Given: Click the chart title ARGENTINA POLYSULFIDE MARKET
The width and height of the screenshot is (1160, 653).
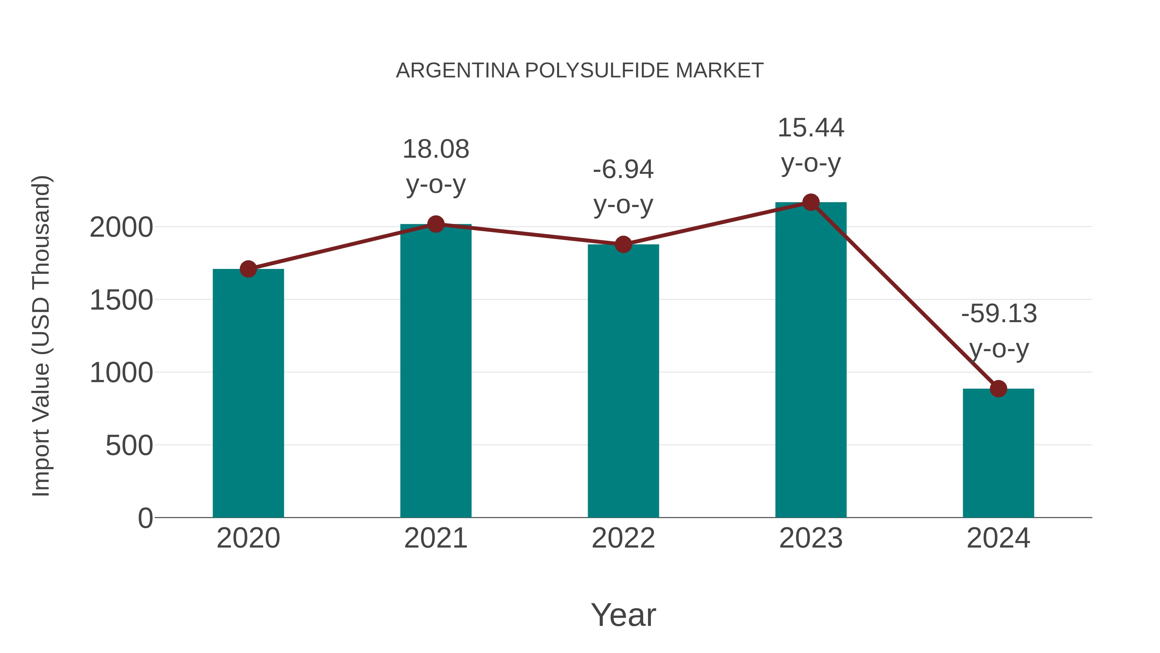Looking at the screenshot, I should tap(580, 71).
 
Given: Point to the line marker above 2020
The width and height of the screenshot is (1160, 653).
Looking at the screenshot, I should tap(248, 269).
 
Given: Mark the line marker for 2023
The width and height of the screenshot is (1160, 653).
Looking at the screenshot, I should tap(811, 202).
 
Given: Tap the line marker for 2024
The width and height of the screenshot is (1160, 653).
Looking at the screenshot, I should tap(998, 389).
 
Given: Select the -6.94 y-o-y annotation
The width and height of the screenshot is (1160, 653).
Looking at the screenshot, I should tap(623, 187).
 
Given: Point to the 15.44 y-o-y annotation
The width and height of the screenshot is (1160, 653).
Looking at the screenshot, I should tap(811, 145).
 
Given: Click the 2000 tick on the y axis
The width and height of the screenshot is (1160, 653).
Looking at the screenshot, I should tap(121, 228).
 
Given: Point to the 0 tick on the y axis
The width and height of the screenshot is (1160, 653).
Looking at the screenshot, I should tap(145, 518).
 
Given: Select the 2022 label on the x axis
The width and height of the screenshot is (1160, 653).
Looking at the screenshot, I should tap(623, 538).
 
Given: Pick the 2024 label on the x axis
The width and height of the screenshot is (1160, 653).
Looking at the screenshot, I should tap(998, 538).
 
